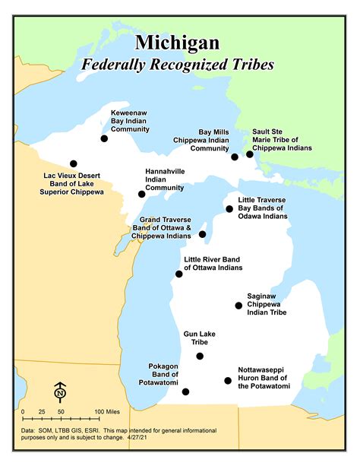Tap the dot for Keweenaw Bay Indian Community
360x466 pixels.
[105, 138]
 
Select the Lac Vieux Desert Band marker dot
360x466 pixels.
[74, 163]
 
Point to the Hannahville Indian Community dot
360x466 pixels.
[142, 194]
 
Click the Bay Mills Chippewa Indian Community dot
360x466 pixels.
[235, 156]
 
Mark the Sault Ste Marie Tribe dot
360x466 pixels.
[250, 154]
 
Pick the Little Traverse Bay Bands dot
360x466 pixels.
[229, 208]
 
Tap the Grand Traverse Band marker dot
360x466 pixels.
[203, 234]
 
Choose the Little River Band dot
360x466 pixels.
[179, 273]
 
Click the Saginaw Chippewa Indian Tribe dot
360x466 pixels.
[238, 306]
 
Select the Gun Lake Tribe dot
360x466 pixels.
[200, 356]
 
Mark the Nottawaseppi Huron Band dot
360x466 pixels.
[227, 380]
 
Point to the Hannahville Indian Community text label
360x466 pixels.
[165, 179]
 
